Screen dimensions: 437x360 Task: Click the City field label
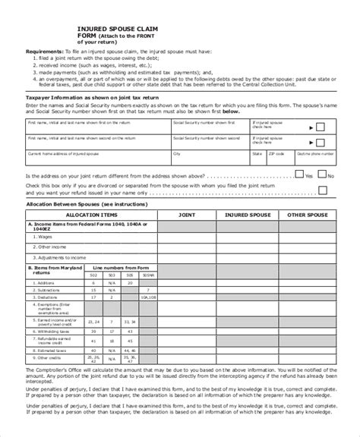(x=177, y=152)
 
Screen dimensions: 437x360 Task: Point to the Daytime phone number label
(x=309, y=152)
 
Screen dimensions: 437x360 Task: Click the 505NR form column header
(x=147, y=275)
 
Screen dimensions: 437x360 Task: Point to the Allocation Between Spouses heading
(x=87, y=204)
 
